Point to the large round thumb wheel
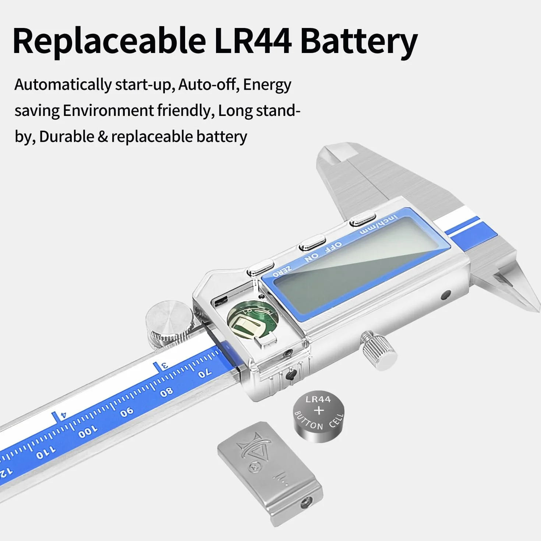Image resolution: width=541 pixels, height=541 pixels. click(170, 324)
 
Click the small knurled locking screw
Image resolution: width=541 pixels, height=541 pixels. click(379, 350)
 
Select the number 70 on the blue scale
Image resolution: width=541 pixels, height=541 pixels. click(204, 374)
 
